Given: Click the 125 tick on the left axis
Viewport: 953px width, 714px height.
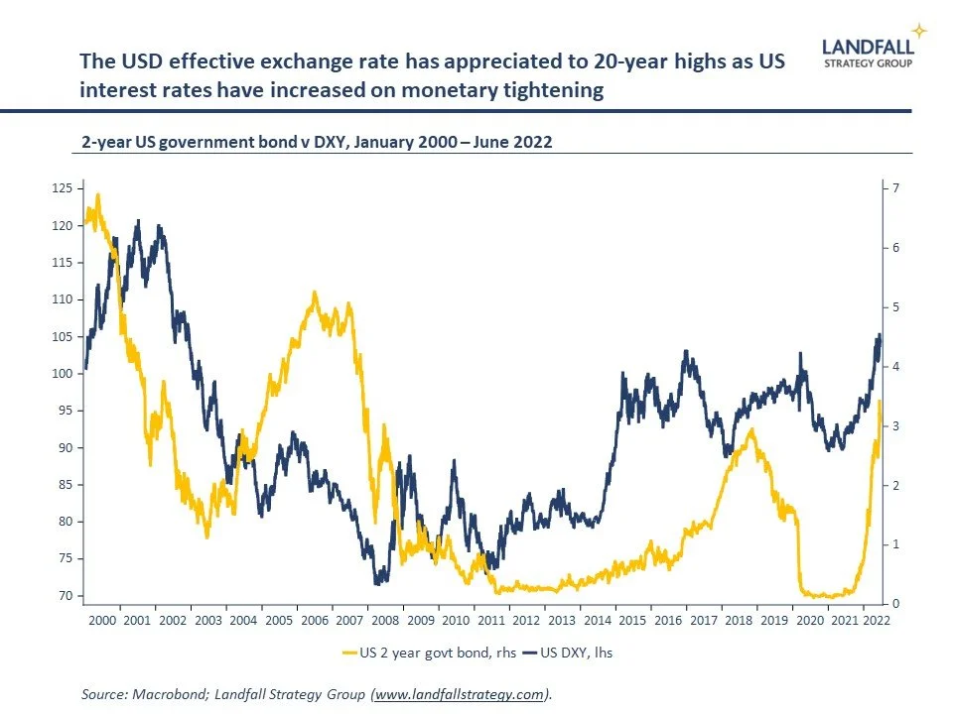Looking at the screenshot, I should (x=64, y=188).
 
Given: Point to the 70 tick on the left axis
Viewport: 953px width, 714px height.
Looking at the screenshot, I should (x=64, y=596).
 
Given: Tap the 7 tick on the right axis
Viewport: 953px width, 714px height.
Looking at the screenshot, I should (x=895, y=188).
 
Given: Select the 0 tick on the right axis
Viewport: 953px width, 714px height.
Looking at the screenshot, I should (x=895, y=604).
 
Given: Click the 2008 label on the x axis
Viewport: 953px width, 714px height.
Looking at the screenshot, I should (x=385, y=620).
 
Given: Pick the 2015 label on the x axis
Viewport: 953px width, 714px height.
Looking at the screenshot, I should (x=632, y=620).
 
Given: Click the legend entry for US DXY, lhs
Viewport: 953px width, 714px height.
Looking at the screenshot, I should (x=576, y=653).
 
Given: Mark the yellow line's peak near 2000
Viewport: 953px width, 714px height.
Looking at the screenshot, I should (x=97, y=194).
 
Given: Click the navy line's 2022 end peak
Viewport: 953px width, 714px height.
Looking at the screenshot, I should (x=879, y=334).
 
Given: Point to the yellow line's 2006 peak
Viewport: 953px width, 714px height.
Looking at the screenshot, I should (x=315, y=293).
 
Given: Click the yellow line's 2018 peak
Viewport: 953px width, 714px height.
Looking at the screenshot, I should (x=751, y=429).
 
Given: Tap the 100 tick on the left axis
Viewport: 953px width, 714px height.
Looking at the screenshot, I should (x=64, y=373).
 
